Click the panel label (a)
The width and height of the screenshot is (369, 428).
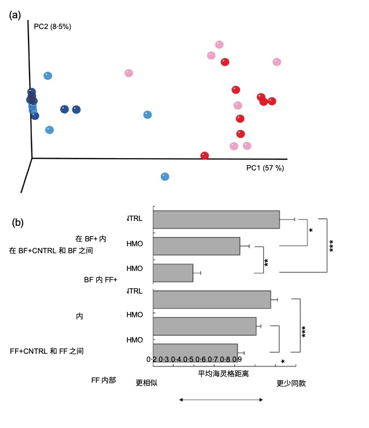pos(15,15)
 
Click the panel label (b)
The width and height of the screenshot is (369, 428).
pos(18,222)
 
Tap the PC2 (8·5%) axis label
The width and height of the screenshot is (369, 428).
pos(52,26)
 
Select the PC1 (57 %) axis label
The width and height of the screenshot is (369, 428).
pos(265,168)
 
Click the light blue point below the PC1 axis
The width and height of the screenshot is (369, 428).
pos(165,176)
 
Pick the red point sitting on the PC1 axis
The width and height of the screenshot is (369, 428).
pos(204,156)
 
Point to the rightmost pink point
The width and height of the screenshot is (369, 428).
pos(276,62)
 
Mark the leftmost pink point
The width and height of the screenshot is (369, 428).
pos(129,73)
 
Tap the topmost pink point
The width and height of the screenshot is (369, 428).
pos(219,44)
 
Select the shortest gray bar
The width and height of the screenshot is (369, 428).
pos(173,273)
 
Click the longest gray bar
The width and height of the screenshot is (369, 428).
pos(216,219)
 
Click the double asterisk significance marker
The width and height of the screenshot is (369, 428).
pos(267,262)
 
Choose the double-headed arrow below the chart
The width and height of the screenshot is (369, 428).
pos(221,400)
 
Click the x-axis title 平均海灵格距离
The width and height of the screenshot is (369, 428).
pos(223,373)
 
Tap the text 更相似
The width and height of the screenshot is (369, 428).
pos(146,383)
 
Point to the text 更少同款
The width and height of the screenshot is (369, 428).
pos(291,383)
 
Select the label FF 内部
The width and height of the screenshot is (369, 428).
pos(103,380)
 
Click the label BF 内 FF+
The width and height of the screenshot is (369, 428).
pos(101,280)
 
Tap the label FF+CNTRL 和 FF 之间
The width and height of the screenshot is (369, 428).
pos(47,351)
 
